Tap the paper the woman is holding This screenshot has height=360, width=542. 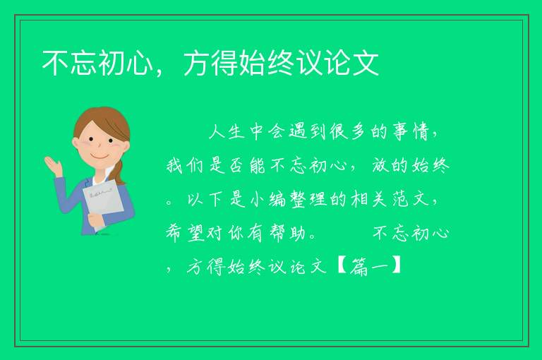pos(103,204)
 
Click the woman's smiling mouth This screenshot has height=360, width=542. pos(100,157)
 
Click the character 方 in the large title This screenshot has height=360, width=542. pos(198,63)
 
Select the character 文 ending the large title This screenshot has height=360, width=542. pos(365,63)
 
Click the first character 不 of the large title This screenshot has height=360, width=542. pos(56,63)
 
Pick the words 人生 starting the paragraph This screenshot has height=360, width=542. pos(227,132)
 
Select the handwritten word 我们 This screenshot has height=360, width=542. pos(186,165)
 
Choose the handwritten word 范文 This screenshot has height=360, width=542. pos(410,199)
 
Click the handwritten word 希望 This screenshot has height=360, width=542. pos(186,233)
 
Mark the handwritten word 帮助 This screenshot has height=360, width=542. pos(288,233)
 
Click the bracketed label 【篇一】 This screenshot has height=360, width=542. pos(369,267)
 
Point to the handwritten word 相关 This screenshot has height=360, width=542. pos(369,199)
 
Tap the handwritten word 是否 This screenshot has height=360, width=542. pos(227,165)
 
